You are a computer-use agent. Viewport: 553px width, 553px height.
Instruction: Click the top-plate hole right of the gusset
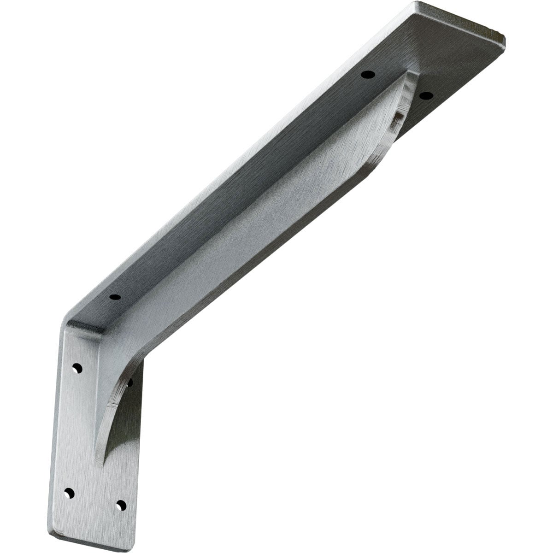click(426, 96)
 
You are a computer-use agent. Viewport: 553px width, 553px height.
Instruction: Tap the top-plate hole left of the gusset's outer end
click(367, 74)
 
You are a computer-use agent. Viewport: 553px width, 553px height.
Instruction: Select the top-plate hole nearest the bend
click(115, 297)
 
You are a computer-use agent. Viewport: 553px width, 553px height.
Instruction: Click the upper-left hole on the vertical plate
click(77, 368)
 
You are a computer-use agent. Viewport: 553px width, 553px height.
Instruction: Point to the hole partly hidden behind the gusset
click(130, 382)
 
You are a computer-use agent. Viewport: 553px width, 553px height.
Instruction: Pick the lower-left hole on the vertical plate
click(69, 493)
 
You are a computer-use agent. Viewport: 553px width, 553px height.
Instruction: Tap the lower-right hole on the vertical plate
click(121, 505)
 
